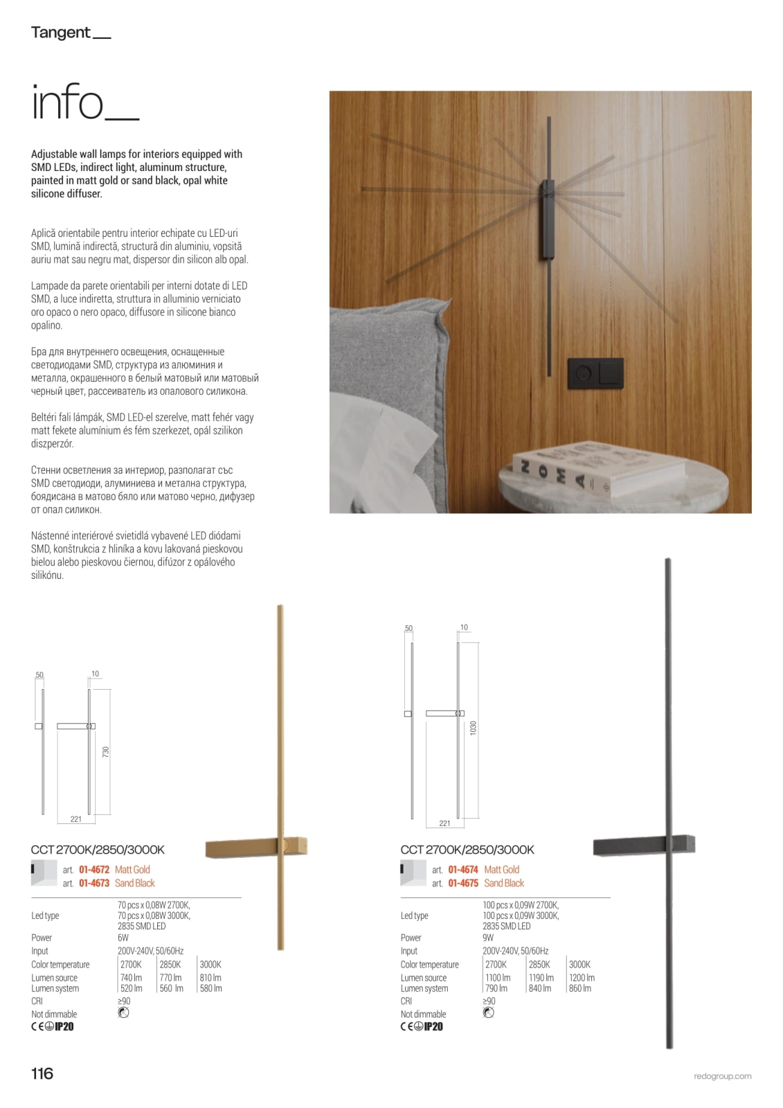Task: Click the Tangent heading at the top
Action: click(61, 33)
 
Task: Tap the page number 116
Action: click(42, 1073)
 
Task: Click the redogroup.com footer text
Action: click(722, 1076)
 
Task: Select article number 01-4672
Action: click(94, 870)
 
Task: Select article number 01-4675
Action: click(463, 883)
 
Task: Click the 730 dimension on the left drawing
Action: click(106, 751)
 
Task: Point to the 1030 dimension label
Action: click(474, 728)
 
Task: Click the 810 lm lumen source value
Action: click(210, 978)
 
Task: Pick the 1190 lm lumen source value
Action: click(540, 978)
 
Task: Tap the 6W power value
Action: click(123, 938)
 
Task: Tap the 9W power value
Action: click(488, 938)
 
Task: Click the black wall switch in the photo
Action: click(595, 375)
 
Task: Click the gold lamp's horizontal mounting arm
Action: click(256, 847)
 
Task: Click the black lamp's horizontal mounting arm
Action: click(644, 846)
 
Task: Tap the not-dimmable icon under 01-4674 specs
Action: click(488, 1013)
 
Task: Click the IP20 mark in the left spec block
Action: click(64, 1026)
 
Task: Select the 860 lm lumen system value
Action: click(580, 988)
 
